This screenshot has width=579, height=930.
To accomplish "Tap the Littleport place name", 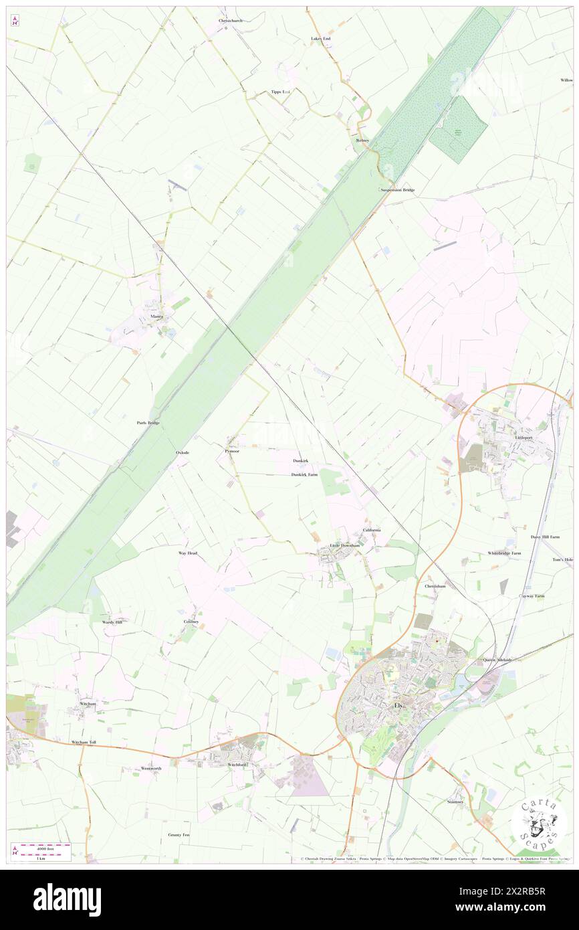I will (524, 437).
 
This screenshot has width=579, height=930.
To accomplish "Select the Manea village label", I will (157, 316).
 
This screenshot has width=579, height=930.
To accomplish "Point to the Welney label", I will (362, 141).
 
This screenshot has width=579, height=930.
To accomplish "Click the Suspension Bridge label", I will (398, 190).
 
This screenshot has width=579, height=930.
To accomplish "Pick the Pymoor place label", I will (232, 452).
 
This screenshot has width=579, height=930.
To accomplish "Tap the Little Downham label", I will (345, 546).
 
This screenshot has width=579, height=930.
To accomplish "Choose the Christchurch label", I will (231, 21).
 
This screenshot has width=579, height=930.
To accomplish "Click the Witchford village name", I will (237, 764).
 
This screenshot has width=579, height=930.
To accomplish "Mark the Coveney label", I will (191, 622).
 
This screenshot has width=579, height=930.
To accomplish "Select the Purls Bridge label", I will (148, 424).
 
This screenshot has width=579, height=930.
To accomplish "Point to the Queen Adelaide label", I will (498, 660).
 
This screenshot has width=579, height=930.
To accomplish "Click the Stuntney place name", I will (455, 802).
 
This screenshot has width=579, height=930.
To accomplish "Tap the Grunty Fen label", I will (179, 836).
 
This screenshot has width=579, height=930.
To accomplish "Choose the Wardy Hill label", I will (112, 622).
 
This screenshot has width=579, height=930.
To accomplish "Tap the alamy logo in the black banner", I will (67, 899).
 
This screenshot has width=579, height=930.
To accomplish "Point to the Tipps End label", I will (281, 91).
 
